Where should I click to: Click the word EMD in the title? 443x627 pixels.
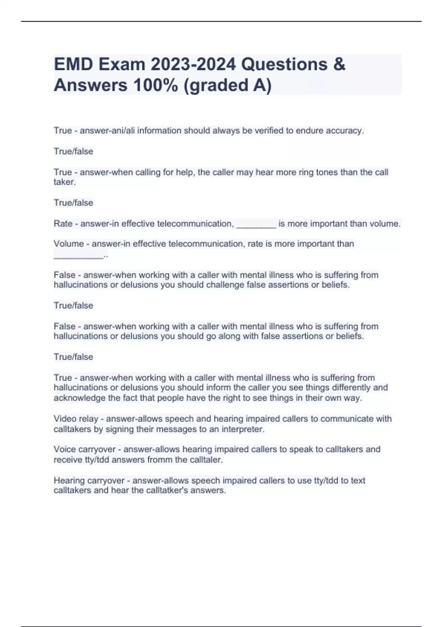pos(74,65)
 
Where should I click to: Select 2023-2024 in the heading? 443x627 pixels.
pos(193,65)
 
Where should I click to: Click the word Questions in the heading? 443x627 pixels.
pos(284,65)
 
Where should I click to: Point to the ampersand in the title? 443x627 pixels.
pos(339,65)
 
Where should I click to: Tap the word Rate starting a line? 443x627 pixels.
pos(63,224)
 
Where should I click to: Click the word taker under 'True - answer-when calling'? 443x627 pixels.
pos(64,182)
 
